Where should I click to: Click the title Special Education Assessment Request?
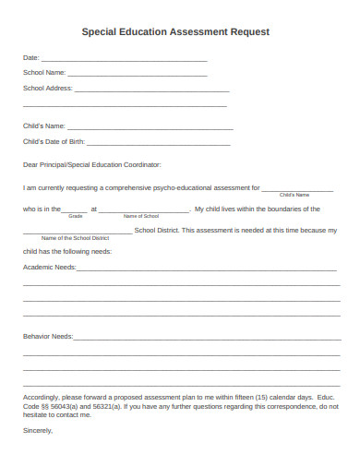click(175, 31)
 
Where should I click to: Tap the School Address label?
click(46, 89)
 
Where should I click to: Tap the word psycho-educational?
click(188, 186)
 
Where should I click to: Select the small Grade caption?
click(76, 216)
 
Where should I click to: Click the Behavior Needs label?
click(48, 336)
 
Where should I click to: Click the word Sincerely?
click(38, 430)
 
